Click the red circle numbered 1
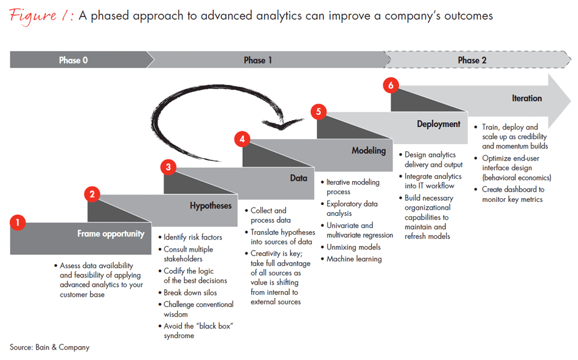point(18,223)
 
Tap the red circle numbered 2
point(92,195)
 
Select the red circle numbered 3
point(168,167)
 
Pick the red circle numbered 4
point(242,139)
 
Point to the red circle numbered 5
point(318,111)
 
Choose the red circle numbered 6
point(391,85)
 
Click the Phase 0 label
point(74,60)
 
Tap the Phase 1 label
point(258,60)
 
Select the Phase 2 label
point(473,60)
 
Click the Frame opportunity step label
point(111,234)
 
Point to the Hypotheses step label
point(211,206)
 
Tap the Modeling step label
point(369,151)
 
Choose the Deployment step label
point(439,124)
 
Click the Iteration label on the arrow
point(526,98)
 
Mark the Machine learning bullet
point(354,259)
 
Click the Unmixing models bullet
point(353,247)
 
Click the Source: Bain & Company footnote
point(49,347)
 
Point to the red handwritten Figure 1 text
point(40,16)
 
